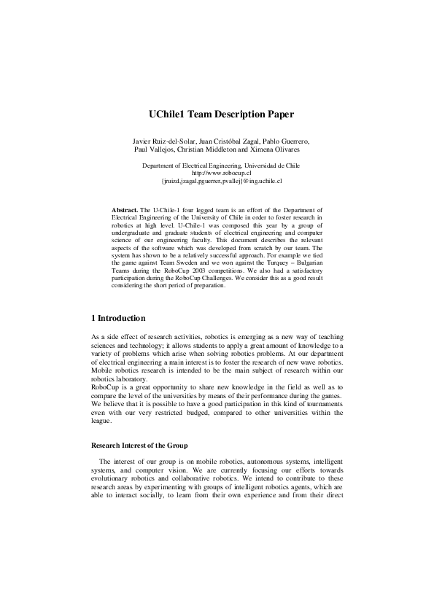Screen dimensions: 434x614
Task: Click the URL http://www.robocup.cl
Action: tap(217, 173)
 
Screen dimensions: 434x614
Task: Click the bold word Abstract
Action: tap(124, 209)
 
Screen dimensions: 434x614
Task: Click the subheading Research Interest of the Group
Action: tap(138, 444)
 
